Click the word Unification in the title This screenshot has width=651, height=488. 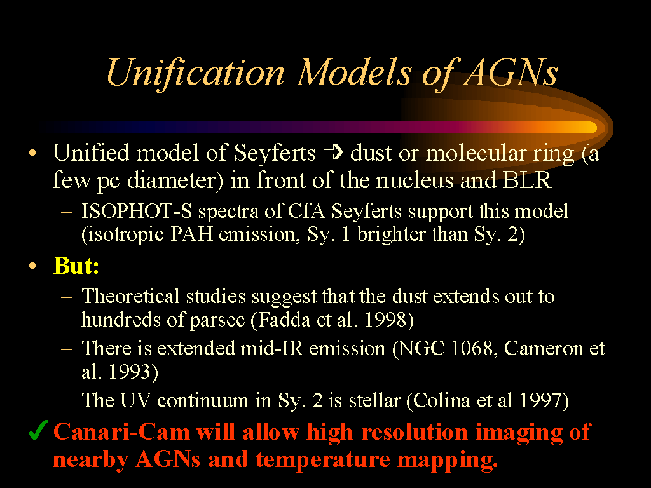[196, 74]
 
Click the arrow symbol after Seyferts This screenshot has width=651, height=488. [333, 152]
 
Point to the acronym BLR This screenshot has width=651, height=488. [527, 180]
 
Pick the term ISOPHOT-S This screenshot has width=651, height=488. [137, 211]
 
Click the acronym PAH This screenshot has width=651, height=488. [191, 234]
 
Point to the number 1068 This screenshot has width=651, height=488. [471, 348]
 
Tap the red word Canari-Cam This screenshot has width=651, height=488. [121, 431]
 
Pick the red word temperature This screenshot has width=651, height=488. [323, 459]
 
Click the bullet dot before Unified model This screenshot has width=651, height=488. [32, 153]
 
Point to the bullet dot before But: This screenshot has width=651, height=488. [32, 266]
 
